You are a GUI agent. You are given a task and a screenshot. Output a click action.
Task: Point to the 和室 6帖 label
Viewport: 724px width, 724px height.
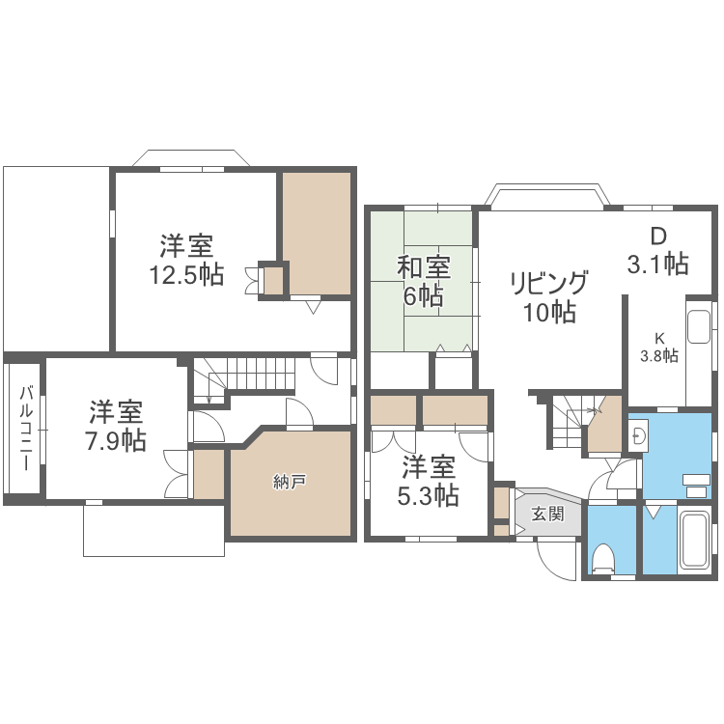[x=423, y=280]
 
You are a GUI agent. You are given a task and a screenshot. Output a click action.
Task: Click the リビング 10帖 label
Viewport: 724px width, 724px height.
[x=549, y=296]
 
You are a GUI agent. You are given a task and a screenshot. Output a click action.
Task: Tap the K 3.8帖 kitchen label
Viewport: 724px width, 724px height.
[x=659, y=347]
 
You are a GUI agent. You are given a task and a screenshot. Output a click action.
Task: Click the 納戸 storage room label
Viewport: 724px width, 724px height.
[x=290, y=482]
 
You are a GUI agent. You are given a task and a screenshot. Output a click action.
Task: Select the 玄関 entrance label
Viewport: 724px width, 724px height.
[x=547, y=515]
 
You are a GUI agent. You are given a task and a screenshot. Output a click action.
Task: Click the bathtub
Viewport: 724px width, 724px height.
[x=692, y=541]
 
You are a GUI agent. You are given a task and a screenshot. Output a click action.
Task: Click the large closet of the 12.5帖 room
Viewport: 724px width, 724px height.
[x=317, y=233]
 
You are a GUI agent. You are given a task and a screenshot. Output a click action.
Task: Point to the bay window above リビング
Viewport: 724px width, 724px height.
[x=546, y=196]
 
